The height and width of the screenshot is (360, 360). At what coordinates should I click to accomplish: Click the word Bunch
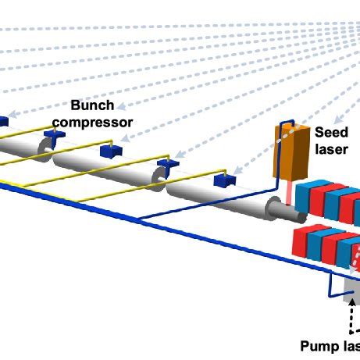(x=92, y=105)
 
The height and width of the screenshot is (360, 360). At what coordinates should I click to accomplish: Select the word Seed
(x=331, y=132)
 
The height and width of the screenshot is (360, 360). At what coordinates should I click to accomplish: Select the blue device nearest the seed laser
(x=225, y=180)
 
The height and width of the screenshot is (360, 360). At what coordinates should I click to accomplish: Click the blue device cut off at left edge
(x=3, y=121)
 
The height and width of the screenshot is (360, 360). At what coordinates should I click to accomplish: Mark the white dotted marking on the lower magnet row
(x=356, y=254)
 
